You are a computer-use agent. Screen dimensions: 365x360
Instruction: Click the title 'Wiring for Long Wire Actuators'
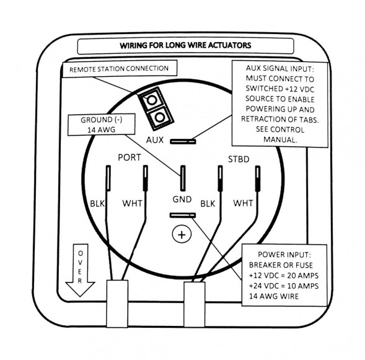click(185, 45)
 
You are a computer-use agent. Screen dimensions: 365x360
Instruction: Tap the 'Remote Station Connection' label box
click(120, 69)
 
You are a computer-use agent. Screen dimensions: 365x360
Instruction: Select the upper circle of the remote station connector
click(152, 100)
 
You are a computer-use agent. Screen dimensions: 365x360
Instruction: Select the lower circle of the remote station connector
click(160, 117)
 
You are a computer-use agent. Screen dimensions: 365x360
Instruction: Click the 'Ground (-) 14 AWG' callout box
click(101, 125)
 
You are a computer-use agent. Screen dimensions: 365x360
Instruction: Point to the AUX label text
click(155, 140)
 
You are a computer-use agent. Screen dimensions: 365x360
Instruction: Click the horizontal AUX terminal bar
click(183, 141)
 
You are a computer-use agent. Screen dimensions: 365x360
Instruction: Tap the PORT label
click(130, 157)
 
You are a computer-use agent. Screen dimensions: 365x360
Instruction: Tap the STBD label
click(239, 159)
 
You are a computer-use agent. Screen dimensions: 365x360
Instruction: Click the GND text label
click(182, 200)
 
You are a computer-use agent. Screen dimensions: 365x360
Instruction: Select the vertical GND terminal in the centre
click(183, 178)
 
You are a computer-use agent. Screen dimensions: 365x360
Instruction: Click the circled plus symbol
click(182, 234)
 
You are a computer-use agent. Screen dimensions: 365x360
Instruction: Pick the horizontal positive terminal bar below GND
click(183, 216)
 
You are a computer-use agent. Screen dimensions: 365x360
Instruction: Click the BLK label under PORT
click(97, 204)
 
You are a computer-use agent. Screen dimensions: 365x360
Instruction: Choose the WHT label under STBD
click(243, 203)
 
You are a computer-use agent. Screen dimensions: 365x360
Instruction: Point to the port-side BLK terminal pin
click(108, 178)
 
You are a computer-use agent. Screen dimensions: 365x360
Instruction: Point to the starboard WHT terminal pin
click(258, 178)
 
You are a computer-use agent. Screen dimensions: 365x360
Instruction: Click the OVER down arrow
click(80, 270)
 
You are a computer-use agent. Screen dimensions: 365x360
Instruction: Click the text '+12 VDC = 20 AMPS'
click(284, 276)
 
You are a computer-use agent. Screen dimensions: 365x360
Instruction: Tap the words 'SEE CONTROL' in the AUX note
click(280, 130)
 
